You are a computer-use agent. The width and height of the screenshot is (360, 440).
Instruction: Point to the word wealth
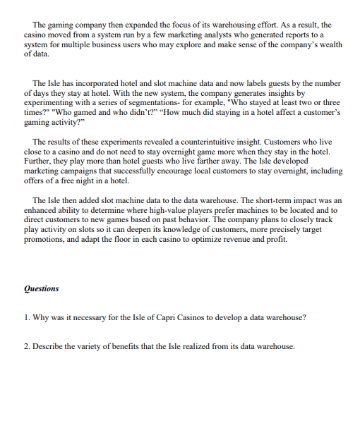(329, 43)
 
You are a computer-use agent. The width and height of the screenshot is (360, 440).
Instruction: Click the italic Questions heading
(42, 288)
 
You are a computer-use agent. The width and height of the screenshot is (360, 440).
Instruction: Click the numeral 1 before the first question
(26, 317)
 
